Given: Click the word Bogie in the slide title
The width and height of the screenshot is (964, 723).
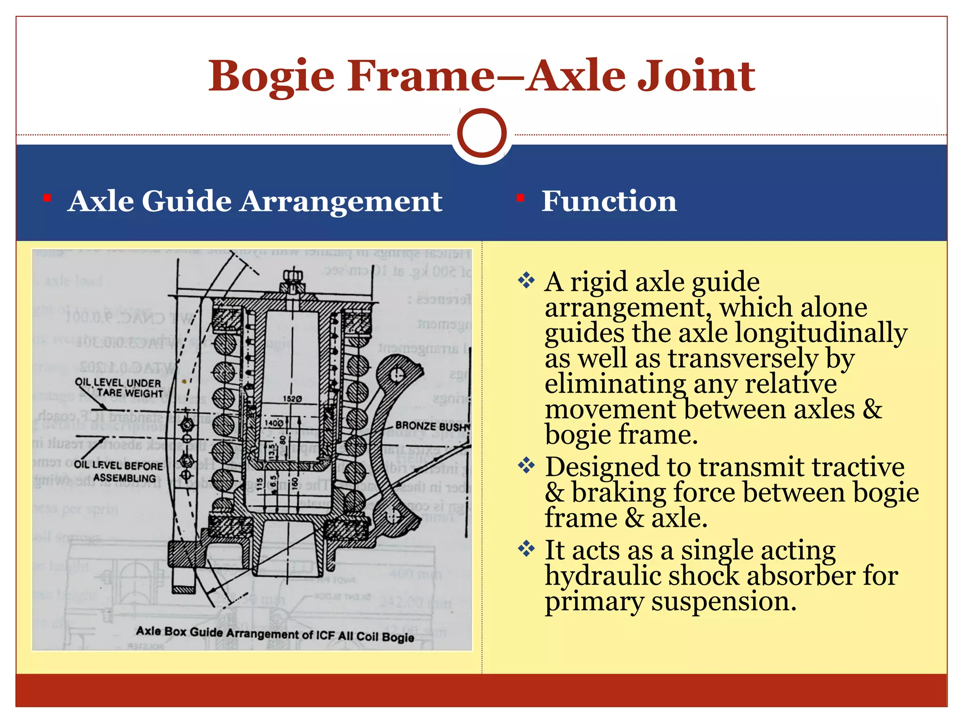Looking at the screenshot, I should click(x=272, y=76).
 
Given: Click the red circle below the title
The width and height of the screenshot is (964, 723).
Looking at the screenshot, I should click(x=482, y=133).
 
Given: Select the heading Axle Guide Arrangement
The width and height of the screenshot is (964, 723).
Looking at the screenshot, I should click(x=255, y=201).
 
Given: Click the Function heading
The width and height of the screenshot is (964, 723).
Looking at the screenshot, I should click(x=609, y=201).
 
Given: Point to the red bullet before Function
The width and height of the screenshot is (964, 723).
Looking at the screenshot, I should click(x=520, y=198).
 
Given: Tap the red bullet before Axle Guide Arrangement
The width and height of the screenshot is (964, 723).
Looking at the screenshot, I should click(x=47, y=198).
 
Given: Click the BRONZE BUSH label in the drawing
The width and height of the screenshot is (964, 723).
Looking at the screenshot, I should click(x=432, y=426).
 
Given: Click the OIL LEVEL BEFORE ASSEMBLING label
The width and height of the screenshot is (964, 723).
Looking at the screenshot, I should click(x=119, y=471).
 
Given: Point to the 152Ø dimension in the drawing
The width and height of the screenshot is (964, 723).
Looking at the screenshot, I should click(x=292, y=399).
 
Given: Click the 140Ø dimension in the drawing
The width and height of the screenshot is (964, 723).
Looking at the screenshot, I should click(x=273, y=423).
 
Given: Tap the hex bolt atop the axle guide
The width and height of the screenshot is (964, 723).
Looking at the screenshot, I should click(x=293, y=276).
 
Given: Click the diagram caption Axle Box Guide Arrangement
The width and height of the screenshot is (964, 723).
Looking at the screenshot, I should click(x=275, y=634).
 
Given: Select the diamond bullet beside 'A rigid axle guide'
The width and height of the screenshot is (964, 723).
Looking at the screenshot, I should click(x=526, y=281).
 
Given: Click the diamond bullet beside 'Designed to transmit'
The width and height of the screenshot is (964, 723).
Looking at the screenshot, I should click(x=526, y=466).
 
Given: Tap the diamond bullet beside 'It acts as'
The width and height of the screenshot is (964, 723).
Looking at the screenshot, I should click(x=526, y=548).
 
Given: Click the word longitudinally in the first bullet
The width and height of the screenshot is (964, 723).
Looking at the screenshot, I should click(x=821, y=333).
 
